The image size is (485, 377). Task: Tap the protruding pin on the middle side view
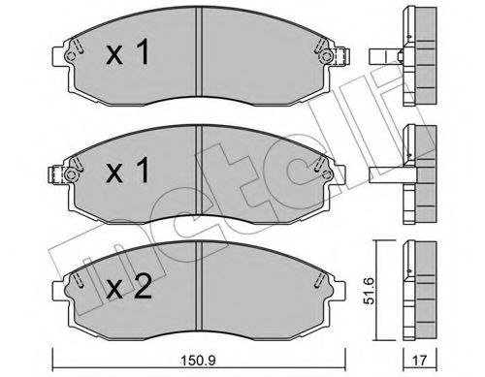[385, 174]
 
